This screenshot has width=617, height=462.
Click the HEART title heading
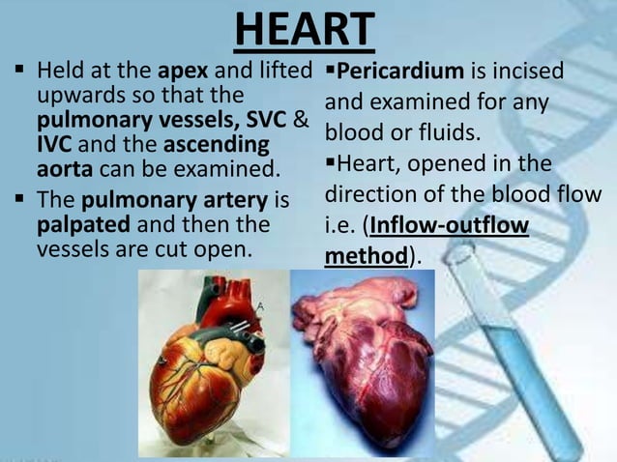tap(304, 29)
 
